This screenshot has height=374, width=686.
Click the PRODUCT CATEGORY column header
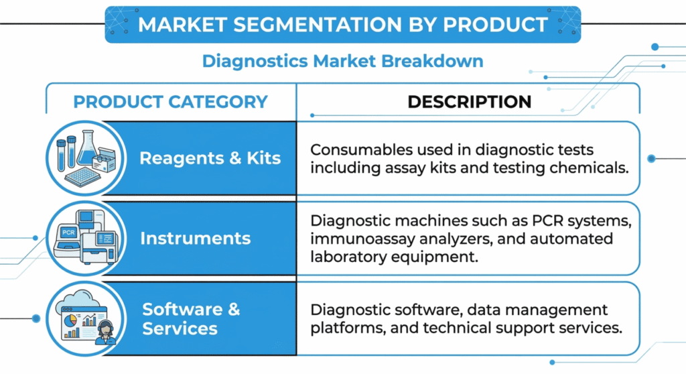(170, 102)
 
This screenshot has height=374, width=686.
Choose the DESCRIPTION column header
(469, 102)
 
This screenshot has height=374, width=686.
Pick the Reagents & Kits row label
(210, 159)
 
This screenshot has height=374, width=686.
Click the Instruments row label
(196, 239)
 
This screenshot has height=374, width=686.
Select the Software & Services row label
(191, 319)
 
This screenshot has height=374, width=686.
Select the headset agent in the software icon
(106, 331)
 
